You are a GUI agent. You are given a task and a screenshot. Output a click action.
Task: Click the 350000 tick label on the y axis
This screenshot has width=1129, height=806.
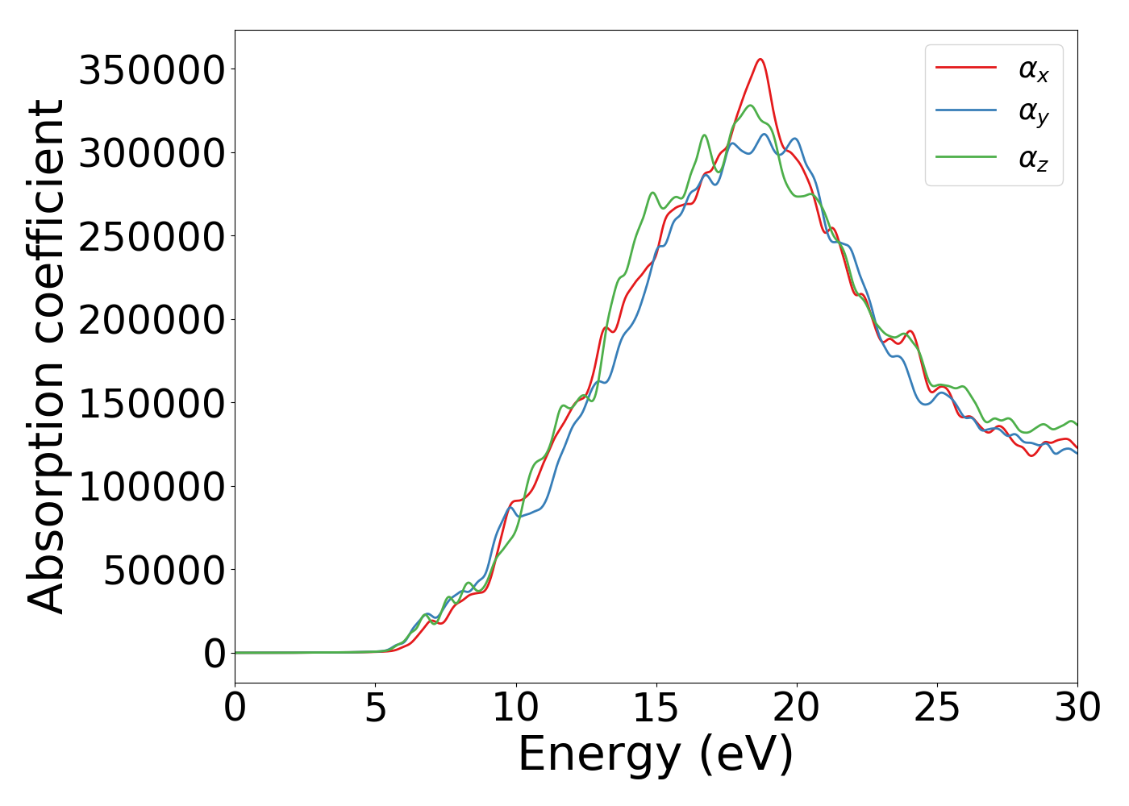151,70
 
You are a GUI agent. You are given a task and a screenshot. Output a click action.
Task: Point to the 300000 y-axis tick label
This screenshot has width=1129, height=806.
151,153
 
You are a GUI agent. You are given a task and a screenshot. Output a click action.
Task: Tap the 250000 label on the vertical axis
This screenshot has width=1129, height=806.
151,237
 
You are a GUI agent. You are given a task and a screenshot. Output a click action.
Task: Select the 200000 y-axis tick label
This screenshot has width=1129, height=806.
151,320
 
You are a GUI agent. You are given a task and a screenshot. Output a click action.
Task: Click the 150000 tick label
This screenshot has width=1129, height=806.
151,404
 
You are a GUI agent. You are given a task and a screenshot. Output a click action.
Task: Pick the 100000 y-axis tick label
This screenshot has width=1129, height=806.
151,487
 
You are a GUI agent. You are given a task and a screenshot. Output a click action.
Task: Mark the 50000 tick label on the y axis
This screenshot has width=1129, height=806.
165,571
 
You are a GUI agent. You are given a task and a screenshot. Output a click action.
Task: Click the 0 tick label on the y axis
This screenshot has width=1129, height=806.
215,654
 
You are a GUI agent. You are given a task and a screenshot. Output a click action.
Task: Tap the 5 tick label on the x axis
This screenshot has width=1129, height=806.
376,708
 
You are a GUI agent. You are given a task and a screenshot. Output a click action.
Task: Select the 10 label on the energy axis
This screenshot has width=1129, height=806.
516,708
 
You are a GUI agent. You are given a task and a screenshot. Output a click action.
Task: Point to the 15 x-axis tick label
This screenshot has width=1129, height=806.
656,708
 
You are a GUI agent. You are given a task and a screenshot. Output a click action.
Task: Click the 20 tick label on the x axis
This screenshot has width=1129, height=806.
797,708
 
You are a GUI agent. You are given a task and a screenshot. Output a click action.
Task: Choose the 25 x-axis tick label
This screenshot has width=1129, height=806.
937,708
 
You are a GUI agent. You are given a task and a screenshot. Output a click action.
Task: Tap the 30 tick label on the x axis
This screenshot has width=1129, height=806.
1077,708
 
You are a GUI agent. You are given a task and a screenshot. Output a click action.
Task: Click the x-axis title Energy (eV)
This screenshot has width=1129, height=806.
656,754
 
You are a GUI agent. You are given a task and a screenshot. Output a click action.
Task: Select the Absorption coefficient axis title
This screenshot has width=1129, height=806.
46,357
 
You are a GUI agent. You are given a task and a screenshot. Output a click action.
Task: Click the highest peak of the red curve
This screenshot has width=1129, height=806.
760,59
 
